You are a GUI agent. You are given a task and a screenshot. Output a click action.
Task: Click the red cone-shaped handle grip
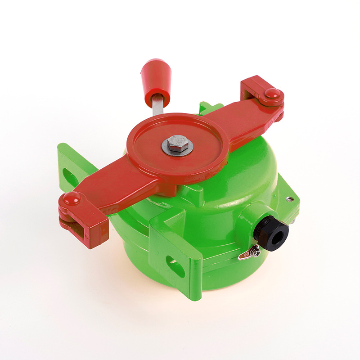156,80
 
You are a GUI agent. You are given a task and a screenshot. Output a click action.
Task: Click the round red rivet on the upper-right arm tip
272,93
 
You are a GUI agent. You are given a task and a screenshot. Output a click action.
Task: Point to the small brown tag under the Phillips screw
245,256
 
